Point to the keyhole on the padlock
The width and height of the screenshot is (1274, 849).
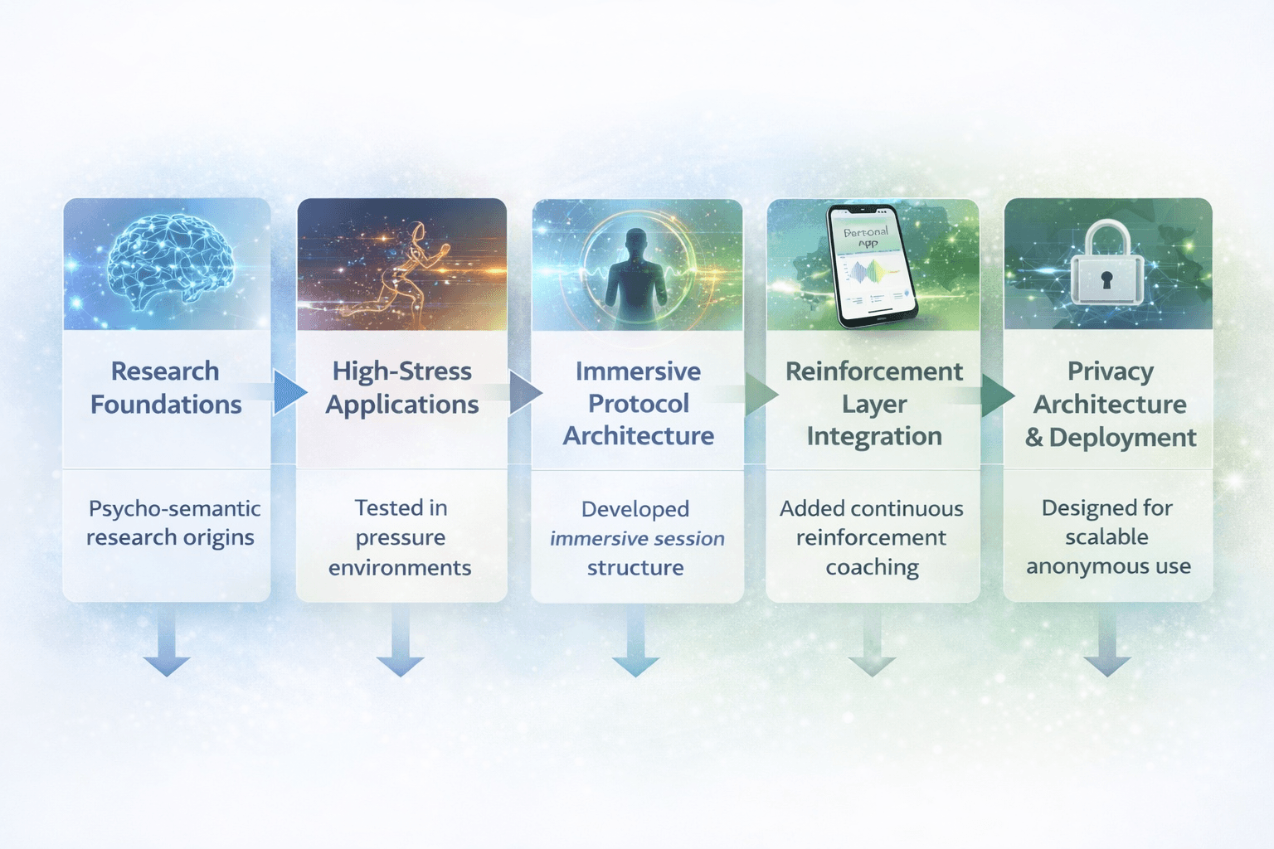pyautogui.click(x=1106, y=280)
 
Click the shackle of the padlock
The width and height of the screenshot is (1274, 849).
pyautogui.click(x=1106, y=235)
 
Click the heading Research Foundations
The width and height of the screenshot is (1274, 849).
pyautogui.click(x=166, y=387)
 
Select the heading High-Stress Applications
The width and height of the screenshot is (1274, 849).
pyautogui.click(x=402, y=387)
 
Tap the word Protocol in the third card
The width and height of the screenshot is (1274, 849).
pyautogui.click(x=639, y=404)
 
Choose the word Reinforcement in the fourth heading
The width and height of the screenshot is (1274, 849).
pyautogui.click(x=874, y=371)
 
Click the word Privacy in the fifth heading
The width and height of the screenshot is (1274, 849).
pyautogui.click(x=1110, y=371)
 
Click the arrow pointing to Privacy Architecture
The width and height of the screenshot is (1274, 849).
pyautogui.click(x=997, y=395)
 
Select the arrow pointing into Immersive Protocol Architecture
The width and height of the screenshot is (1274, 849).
pyautogui.click(x=525, y=392)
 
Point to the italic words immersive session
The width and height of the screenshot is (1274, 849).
pyautogui.click(x=637, y=539)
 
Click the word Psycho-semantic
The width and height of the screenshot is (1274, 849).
pyautogui.click(x=174, y=508)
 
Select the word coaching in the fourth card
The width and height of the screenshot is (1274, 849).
pyautogui.click(x=873, y=567)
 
